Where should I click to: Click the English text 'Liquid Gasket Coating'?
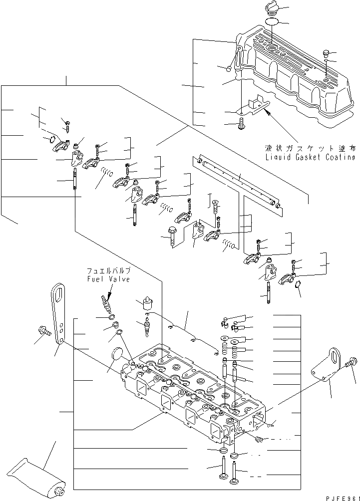pyautogui.click(x=311, y=157)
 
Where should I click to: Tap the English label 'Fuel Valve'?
pyautogui.click(x=108, y=279)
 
